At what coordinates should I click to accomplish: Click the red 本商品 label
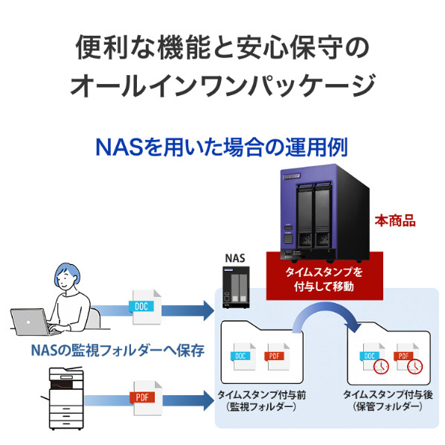[395, 221]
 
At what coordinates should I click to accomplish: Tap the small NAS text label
[235, 258]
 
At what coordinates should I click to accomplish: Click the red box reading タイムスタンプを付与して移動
[324, 279]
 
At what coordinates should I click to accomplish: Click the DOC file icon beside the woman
[145, 307]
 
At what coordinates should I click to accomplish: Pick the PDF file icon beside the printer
[146, 398]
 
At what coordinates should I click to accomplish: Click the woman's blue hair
[68, 273]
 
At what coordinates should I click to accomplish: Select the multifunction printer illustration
[65, 398]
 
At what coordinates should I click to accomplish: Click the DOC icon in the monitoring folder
[243, 356]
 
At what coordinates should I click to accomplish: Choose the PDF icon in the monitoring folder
[276, 356]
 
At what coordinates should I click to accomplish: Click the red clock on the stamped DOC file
[381, 366]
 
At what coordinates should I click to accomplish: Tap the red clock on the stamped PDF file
[414, 366]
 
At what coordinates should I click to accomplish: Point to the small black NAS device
[236, 287]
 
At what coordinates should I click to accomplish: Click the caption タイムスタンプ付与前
[261, 394]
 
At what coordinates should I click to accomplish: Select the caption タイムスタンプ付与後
[388, 394]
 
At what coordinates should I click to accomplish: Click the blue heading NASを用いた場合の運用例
[222, 147]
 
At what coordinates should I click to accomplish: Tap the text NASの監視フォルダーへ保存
[118, 350]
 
